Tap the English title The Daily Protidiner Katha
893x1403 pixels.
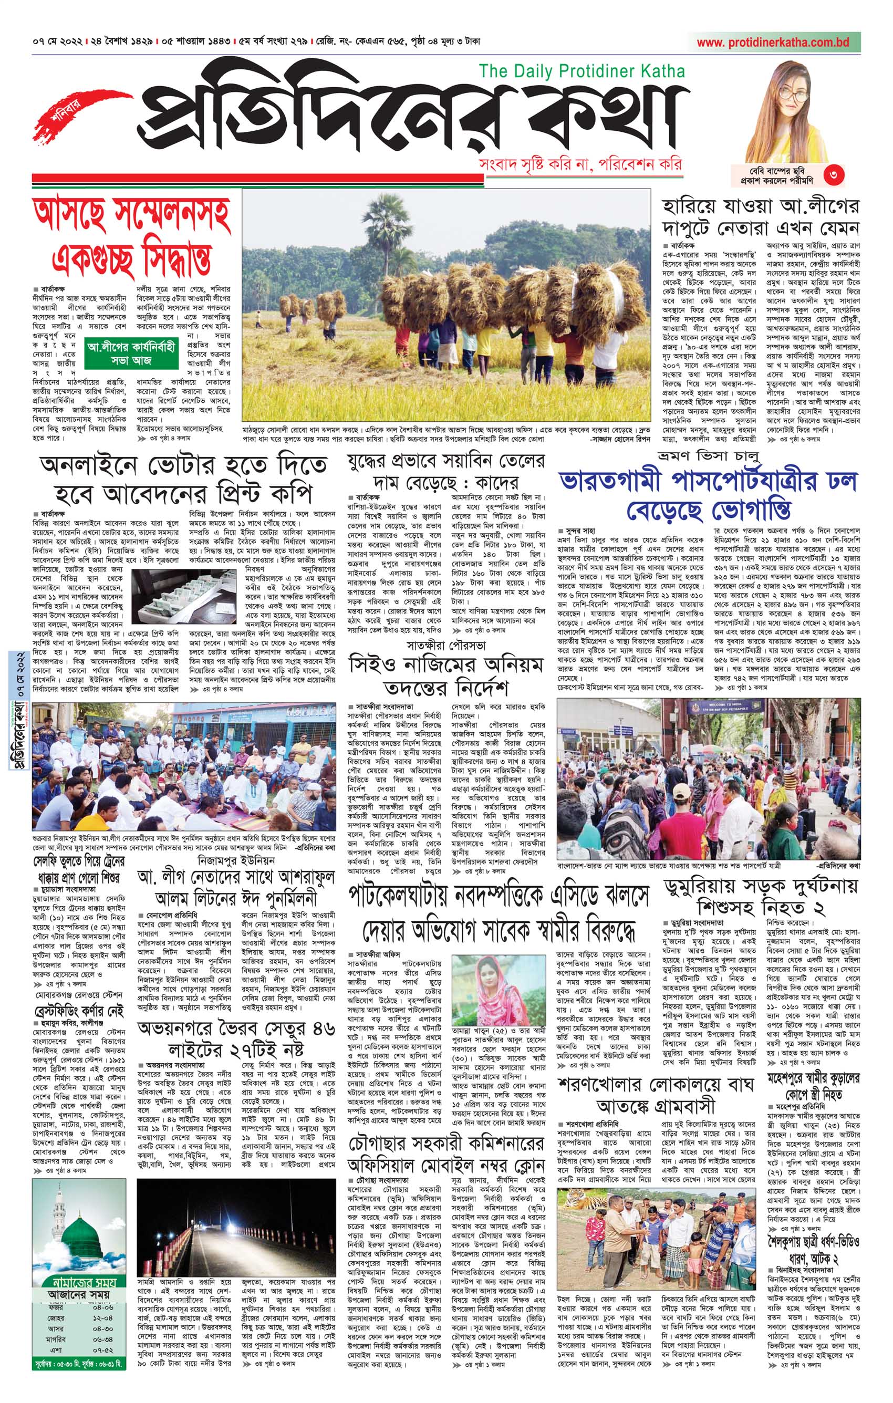(582, 71)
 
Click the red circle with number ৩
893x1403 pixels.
(834, 174)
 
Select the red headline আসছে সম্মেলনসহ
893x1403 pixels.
(132, 214)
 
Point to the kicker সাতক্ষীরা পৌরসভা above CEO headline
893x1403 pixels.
(446, 646)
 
